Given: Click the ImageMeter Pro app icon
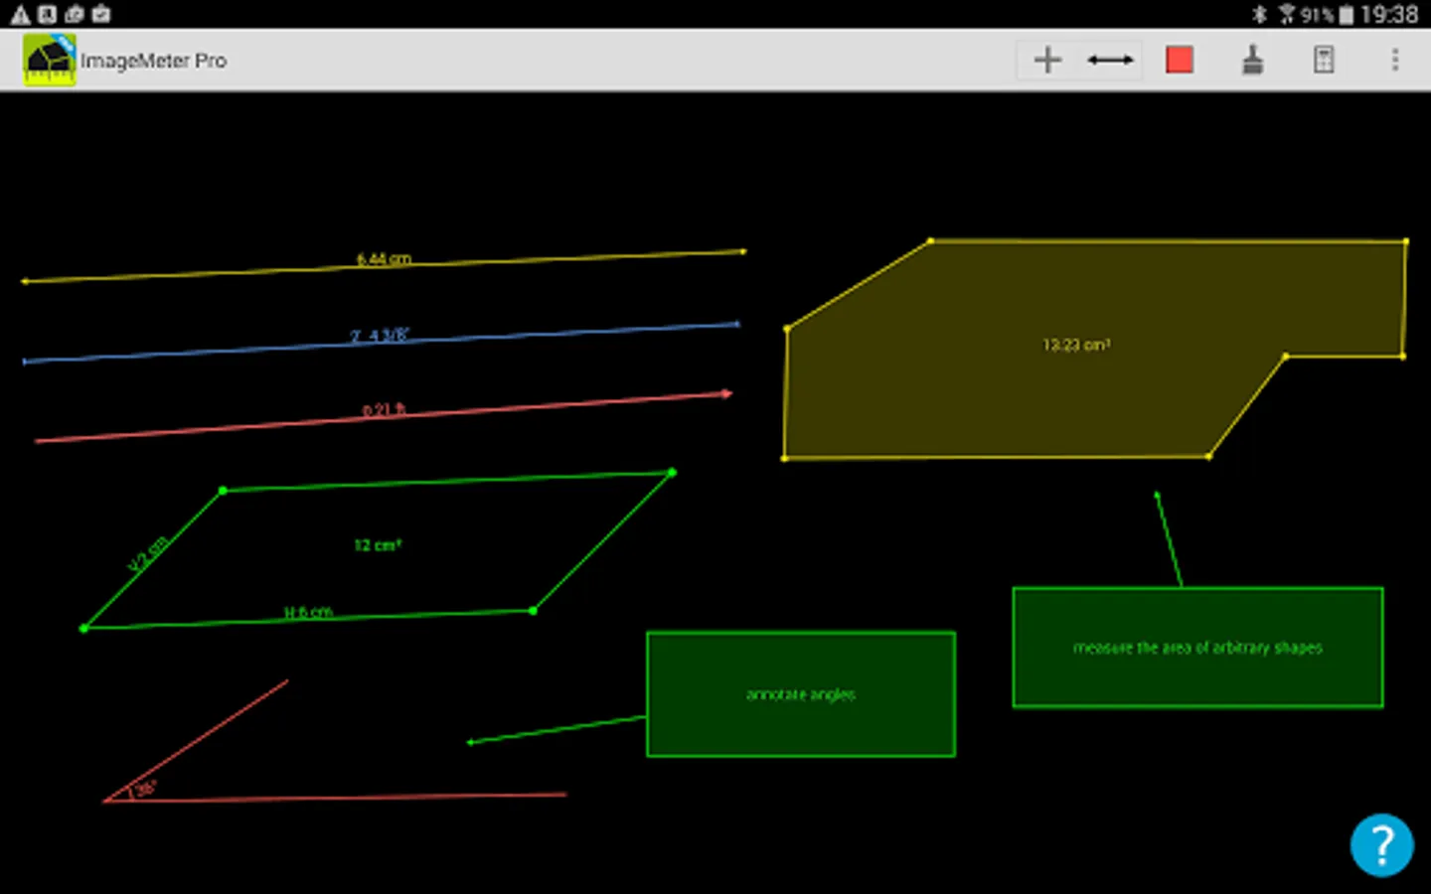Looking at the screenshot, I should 49,60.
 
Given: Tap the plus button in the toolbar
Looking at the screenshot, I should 1047,60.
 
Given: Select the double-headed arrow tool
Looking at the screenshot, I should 1110,60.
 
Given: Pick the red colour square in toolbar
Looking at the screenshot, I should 1180,60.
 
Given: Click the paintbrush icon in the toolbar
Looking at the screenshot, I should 1253,60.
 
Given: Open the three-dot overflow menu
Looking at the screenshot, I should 1395,60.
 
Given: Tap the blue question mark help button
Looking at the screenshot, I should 1381,845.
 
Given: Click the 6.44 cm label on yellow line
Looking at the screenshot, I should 384,259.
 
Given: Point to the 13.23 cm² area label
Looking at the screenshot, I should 1076,345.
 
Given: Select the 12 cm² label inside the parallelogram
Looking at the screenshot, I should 378,545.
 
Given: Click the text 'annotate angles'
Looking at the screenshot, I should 801,694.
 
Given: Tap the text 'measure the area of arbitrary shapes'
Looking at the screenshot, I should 1197,648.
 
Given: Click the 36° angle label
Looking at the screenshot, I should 145,789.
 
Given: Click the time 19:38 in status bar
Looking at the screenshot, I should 1389,14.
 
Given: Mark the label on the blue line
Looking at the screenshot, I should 379,336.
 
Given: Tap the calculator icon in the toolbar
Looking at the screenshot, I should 1324,60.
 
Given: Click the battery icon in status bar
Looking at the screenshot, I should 1347,14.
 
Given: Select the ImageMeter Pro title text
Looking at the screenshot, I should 154,61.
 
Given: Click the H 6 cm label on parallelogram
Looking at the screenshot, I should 308,612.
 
